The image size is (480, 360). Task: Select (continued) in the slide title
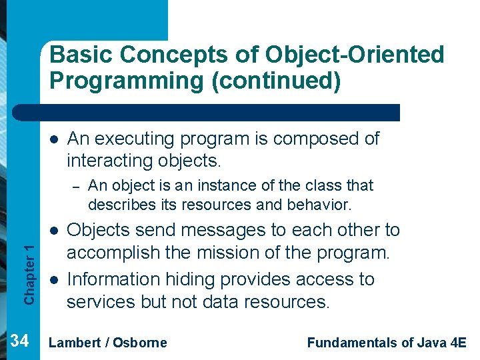click(x=271, y=81)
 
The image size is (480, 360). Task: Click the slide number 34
click(x=20, y=342)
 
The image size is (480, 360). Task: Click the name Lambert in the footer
click(x=75, y=343)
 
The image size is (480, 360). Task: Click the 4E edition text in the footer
click(x=458, y=343)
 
